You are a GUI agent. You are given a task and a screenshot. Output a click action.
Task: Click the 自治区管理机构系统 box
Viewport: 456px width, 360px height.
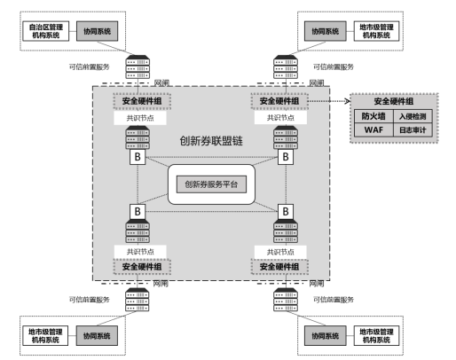[46, 31]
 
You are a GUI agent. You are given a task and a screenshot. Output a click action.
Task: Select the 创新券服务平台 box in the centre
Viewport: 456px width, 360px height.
[211, 184]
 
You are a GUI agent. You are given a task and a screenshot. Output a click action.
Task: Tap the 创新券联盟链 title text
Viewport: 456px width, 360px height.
[211, 141]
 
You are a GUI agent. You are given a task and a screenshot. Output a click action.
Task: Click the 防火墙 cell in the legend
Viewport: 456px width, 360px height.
[373, 116]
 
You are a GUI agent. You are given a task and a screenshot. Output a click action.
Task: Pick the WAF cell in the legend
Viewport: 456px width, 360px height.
[373, 129]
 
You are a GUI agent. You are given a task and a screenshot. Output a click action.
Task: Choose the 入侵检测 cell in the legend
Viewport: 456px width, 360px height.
[413, 116]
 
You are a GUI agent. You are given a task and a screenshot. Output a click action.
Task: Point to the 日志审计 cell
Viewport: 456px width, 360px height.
[413, 129]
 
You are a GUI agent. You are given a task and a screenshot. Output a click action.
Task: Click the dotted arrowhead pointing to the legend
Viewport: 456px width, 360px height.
[348, 101]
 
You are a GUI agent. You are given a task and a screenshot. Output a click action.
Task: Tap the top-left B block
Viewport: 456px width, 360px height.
[138, 157]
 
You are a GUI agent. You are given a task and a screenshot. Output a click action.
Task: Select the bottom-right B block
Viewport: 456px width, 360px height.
[286, 212]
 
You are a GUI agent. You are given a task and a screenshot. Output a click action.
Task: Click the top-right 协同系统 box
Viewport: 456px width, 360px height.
[326, 31]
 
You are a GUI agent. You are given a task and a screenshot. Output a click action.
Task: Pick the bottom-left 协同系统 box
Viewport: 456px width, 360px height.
[97, 336]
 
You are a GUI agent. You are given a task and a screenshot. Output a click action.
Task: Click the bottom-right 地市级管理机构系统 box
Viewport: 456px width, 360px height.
[376, 336]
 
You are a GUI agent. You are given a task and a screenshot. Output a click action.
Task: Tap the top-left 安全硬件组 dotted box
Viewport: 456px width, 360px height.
[142, 101]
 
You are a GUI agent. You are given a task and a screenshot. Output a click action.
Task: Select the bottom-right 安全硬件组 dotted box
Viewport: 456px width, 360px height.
[279, 267]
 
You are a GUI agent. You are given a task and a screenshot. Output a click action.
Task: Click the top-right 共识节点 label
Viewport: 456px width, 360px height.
[280, 118]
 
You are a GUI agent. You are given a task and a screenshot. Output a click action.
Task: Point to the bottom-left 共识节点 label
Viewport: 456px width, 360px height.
[140, 252]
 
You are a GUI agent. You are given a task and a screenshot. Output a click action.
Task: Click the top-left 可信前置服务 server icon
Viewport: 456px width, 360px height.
[138, 67]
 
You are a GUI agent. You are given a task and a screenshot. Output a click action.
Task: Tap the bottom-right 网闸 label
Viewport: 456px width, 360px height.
[317, 284]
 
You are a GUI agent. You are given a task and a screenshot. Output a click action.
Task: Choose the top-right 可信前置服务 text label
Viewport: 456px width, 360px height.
[334, 67]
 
